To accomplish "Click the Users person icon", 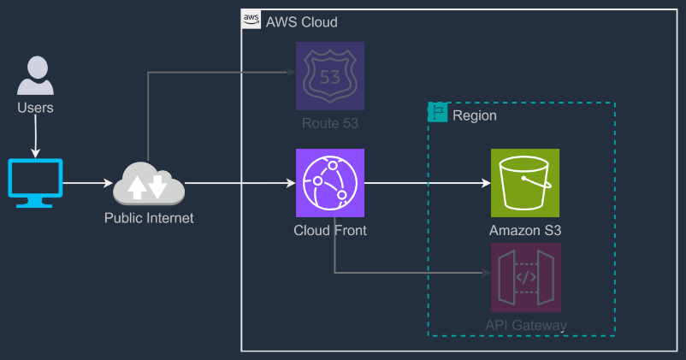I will tap(35, 76).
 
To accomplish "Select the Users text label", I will tap(35, 108).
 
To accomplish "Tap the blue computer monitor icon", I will tap(35, 183).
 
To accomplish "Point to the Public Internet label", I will tap(149, 218).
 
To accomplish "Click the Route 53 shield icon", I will tap(330, 76).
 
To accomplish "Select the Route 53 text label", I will tap(330, 124).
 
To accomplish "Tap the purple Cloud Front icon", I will tap(330, 183).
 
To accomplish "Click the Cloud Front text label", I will tap(330, 231).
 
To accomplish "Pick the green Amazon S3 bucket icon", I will tap(525, 183).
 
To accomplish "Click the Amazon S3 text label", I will tap(525, 231).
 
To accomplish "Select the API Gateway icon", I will tap(525, 277).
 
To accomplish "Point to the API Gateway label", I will tap(525, 325).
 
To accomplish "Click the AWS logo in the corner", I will tap(251, 20).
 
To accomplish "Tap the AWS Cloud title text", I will tap(302, 21).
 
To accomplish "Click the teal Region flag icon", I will tap(438, 113).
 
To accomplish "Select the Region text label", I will tap(474, 115).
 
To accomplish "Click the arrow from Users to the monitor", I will tap(35, 137).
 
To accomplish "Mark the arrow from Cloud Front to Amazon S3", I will tap(428, 183).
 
